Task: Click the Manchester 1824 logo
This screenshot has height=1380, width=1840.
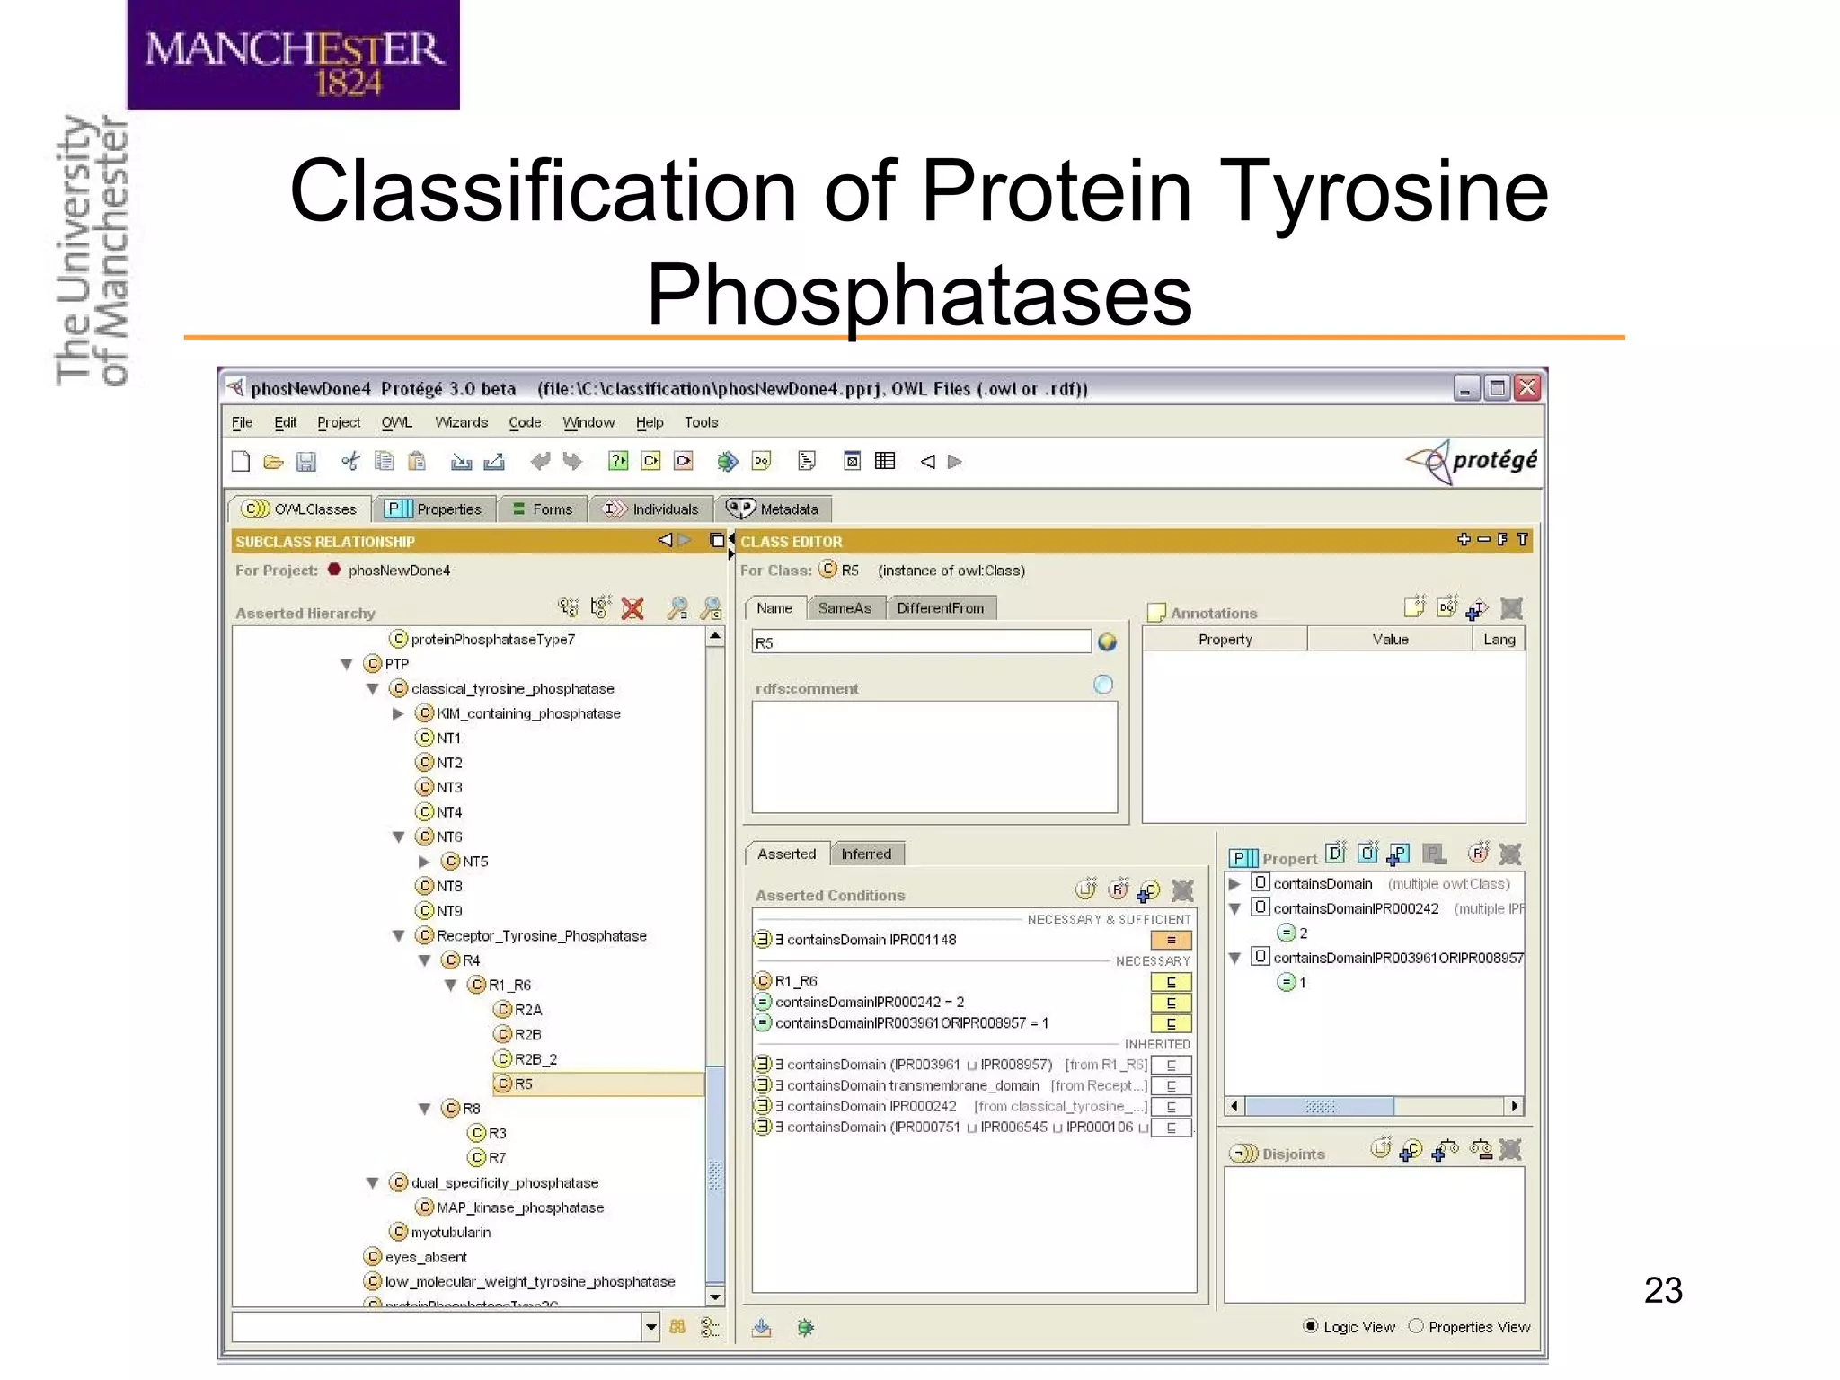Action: tap(293, 56)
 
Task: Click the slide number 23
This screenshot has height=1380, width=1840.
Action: tap(1662, 1290)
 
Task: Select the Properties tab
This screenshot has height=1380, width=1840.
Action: tap(435, 509)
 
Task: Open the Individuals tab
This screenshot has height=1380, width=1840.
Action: tap(652, 509)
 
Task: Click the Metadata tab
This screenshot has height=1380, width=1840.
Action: tap(774, 509)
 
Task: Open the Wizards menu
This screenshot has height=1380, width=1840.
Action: tap(461, 422)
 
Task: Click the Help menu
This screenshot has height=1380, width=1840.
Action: tap(649, 422)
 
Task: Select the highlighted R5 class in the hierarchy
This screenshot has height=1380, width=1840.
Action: tap(523, 1084)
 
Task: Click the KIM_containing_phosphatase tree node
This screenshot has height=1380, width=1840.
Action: tap(528, 713)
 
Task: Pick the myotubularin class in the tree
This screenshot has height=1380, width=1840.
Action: tap(450, 1233)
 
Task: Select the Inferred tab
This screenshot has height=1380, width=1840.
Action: tap(866, 854)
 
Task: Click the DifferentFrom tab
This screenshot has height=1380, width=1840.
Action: tap(940, 608)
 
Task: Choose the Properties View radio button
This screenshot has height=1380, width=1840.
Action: tap(1417, 1326)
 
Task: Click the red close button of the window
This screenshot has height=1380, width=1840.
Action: tap(1527, 388)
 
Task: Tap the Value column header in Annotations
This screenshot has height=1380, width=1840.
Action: tap(1390, 640)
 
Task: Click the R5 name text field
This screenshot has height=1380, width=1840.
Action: tap(921, 642)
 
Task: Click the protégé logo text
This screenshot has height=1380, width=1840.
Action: tap(1494, 460)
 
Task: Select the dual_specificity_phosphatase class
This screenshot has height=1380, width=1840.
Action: tap(504, 1183)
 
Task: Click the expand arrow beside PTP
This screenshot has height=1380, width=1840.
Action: tap(347, 664)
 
